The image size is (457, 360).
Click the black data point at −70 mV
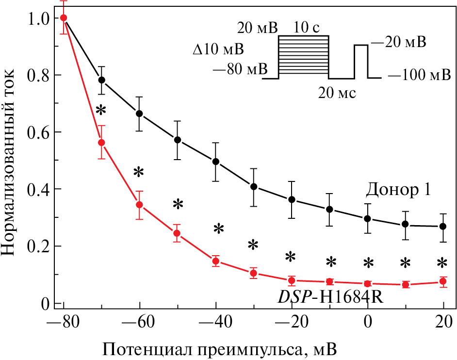pos(101,80)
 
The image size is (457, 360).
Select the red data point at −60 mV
pos(139,204)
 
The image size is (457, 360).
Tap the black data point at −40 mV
pos(216,162)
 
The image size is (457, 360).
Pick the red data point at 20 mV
pos(442,281)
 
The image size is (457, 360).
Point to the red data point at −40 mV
pos(216,262)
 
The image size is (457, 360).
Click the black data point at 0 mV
pos(368,218)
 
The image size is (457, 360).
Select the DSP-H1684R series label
pos(330,296)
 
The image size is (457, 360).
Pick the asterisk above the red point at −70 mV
pos(100,110)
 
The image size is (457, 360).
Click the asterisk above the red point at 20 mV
pos(442,263)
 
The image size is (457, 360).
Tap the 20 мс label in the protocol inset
pos(337,92)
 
